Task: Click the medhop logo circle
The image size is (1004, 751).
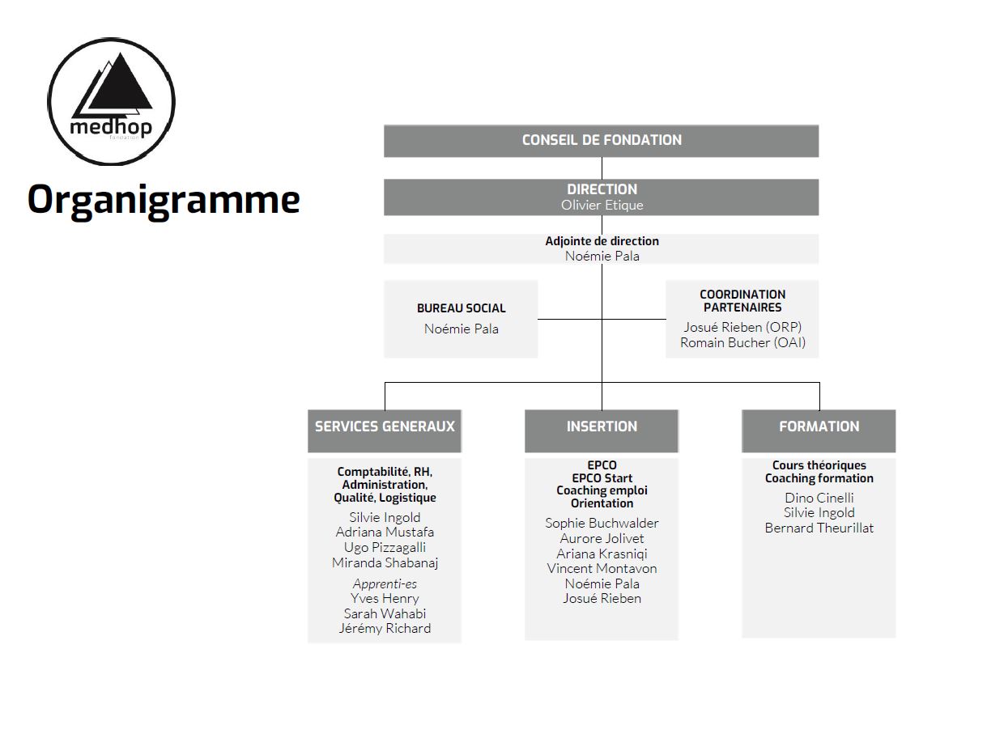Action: click(x=48, y=101)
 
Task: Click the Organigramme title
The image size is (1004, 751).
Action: click(x=164, y=200)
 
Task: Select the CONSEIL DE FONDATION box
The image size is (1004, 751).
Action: click(x=601, y=141)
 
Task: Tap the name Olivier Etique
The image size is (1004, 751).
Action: click(x=602, y=206)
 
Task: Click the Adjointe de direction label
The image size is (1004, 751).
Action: click(x=602, y=241)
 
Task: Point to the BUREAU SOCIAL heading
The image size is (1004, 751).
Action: click(x=461, y=308)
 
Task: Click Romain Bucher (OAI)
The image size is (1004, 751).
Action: click(x=742, y=342)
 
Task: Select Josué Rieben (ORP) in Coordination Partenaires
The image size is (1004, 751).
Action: click(x=742, y=327)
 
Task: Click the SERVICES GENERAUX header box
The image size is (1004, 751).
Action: click(x=385, y=431)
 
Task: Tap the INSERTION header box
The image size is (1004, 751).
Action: click(x=602, y=431)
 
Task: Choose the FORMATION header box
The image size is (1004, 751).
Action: click(x=819, y=431)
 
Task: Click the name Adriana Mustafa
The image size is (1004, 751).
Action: click(x=385, y=532)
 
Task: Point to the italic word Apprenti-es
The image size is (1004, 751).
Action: click(x=385, y=583)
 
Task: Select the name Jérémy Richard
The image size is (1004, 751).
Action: click(x=385, y=629)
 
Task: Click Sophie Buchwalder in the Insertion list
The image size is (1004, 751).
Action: click(x=602, y=523)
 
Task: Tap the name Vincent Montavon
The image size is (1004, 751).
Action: click(x=602, y=569)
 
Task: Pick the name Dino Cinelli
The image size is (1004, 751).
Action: click(x=819, y=498)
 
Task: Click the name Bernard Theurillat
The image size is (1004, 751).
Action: click(x=819, y=528)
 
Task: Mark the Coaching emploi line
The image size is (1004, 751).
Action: click(x=602, y=490)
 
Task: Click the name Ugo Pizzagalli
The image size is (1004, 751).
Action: click(x=385, y=548)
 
